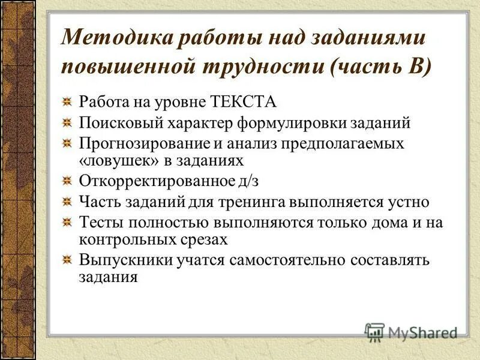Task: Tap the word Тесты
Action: (99, 223)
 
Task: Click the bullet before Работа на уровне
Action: (70, 102)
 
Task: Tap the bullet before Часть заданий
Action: (70, 202)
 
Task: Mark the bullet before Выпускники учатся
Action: (70, 260)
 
